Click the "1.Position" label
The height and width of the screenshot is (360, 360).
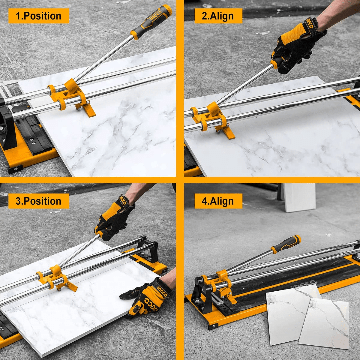pyautogui.click(x=39, y=16)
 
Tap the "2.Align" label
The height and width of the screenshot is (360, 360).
pyautogui.click(x=218, y=16)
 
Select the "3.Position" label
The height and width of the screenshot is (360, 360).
pyautogui.click(x=39, y=201)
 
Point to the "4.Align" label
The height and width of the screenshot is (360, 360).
pyautogui.click(x=218, y=201)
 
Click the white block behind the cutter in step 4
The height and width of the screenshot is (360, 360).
pyautogui.click(x=299, y=197)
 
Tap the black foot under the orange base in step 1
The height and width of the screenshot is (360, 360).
pyautogui.click(x=15, y=169)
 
